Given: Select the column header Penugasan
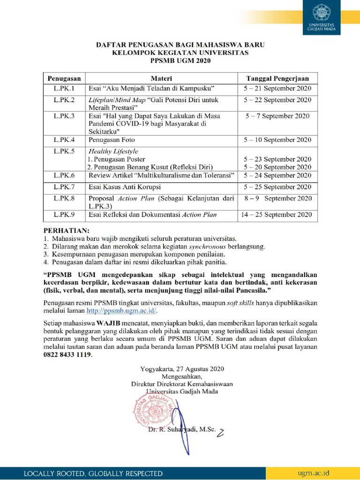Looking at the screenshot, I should [64, 78].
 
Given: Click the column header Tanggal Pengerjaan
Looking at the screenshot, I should [277, 78].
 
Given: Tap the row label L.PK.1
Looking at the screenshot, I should [64, 88].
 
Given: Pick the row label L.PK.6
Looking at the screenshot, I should [64, 175].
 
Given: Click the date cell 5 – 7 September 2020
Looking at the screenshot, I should [277, 115].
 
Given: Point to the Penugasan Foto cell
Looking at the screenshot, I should [111, 140].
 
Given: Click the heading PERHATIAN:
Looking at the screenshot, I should [66, 231].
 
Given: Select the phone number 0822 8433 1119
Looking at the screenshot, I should [67, 355].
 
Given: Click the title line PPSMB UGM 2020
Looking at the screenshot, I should [180, 60].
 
